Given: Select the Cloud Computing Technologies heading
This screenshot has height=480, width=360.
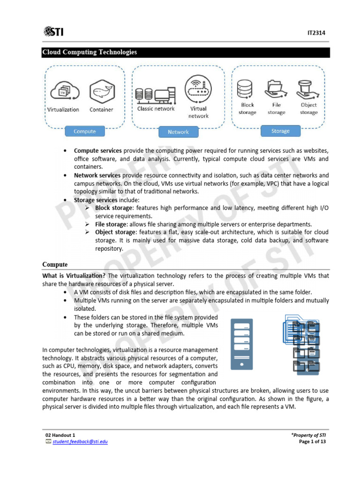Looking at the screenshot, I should (90, 52).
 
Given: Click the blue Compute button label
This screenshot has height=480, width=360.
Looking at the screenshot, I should (84, 131).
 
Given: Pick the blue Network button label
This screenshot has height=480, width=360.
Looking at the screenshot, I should (178, 132).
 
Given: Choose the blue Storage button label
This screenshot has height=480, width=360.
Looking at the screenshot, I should (280, 131).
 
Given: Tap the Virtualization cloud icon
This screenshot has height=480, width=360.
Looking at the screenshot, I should (63, 91).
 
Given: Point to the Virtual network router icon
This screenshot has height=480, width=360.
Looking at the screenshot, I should (198, 88).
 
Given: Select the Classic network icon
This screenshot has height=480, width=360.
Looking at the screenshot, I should (155, 94).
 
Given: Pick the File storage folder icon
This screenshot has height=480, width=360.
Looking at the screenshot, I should (276, 89).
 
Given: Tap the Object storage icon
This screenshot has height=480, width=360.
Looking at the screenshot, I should (308, 89).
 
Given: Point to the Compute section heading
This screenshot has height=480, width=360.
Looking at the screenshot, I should (55, 264).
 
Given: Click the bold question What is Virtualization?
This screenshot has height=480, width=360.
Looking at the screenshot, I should (74, 276).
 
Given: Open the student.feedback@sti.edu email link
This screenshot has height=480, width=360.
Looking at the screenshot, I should (80, 442).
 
